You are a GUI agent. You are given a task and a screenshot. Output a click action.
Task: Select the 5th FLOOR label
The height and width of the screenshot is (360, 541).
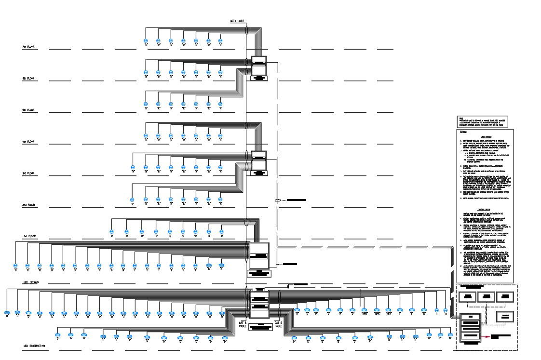pos(28,110)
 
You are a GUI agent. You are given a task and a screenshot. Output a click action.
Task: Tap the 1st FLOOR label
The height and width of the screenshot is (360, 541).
pos(30,237)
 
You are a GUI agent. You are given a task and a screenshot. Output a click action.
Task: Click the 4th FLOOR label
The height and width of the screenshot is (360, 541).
pos(28,142)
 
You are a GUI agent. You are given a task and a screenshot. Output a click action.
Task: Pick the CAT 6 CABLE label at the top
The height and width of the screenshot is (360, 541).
pos(237,21)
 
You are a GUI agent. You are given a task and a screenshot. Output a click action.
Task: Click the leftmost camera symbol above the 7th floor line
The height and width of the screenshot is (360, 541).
pos(146,41)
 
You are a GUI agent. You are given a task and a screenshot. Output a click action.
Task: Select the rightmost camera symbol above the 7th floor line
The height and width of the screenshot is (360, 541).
pos(221,41)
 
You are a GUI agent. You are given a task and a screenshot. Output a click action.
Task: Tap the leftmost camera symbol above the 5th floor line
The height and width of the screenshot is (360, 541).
pos(146,104)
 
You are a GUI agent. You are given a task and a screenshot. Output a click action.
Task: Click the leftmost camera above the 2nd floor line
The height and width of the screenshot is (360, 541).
pos(132,199)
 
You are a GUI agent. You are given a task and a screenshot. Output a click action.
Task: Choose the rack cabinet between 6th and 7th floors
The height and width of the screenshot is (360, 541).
pos(259,66)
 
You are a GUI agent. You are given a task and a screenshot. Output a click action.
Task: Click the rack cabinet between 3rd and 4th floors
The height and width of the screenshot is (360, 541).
pos(259,160)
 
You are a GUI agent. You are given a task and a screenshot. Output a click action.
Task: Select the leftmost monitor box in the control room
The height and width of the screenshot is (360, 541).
pos(467,296)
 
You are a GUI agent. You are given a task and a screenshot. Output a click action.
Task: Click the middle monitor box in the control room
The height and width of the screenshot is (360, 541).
pos(486,296)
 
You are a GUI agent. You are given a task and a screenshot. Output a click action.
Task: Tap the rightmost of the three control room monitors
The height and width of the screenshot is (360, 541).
pos(504,296)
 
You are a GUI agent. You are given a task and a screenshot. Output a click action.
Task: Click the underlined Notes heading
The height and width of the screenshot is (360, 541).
pos(463,132)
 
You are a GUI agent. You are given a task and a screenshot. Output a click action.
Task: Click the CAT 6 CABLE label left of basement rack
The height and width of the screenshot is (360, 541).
pos(243,323)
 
